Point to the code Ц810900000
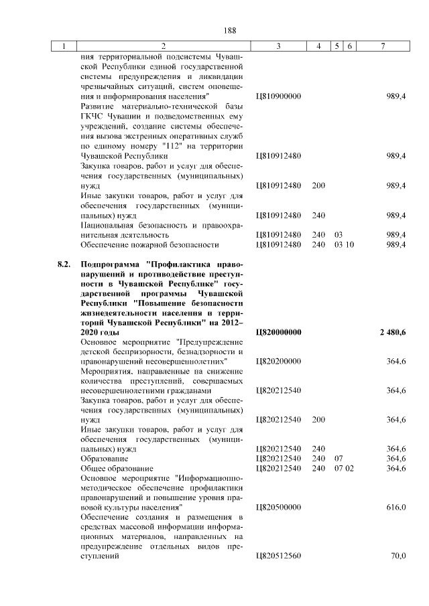pyautogui.click(x=279, y=96)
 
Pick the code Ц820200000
pyautogui.click(x=279, y=362)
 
